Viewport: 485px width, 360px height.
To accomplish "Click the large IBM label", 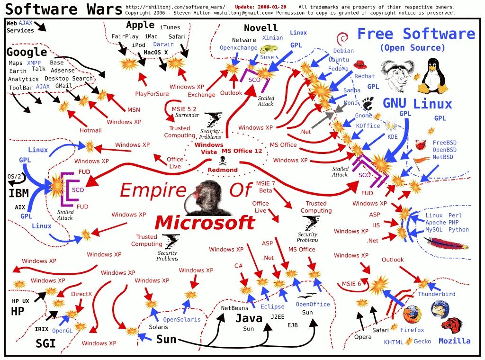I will (18, 193).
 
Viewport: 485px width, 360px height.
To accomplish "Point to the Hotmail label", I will (90, 130).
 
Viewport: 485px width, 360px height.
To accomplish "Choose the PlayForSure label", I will (151, 93).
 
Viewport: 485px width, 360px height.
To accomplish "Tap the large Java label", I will (249, 318).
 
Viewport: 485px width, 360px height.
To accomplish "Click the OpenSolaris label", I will (182, 319).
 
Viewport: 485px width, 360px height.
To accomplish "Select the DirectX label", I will (81, 294).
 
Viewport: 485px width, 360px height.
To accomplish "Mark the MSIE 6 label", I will (352, 284).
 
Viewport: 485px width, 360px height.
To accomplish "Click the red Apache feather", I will (448, 245).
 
